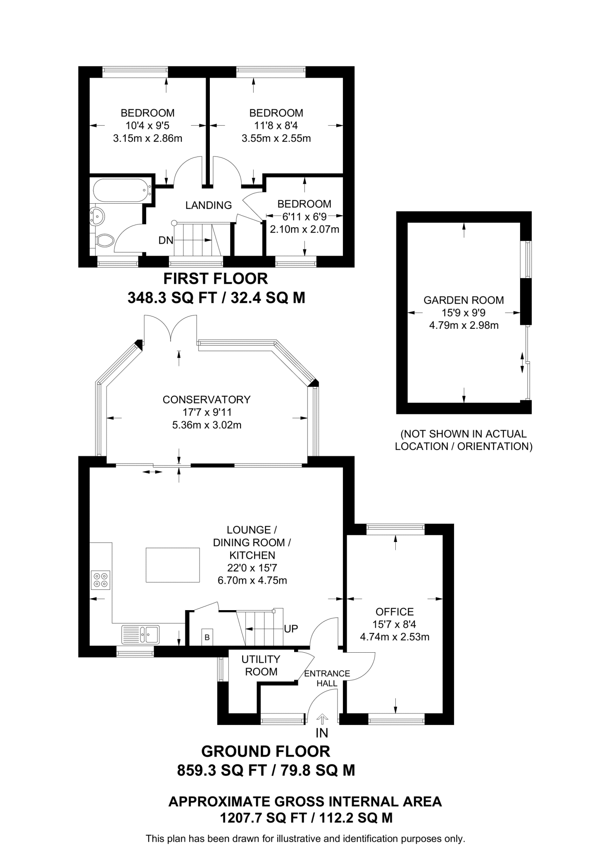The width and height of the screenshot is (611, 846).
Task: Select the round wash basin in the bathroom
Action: click(x=97, y=216)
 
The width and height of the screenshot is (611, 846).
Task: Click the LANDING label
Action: click(x=208, y=205)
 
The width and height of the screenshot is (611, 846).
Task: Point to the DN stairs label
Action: click(x=166, y=240)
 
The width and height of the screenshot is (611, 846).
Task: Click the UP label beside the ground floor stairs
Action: click(x=291, y=629)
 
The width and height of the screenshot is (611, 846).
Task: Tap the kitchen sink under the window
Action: click(x=140, y=634)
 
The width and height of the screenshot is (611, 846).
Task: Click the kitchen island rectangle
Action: click(x=173, y=565)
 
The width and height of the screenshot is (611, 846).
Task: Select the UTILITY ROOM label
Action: click(x=261, y=665)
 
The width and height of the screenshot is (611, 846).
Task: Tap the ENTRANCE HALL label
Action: click(x=327, y=678)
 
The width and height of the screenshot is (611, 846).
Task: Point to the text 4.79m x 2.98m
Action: click(x=464, y=325)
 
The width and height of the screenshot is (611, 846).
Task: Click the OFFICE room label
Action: click(x=395, y=611)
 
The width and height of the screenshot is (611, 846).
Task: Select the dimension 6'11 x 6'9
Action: click(x=304, y=216)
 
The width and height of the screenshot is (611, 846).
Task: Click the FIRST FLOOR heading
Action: click(x=216, y=279)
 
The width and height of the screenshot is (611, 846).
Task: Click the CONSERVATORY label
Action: click(x=207, y=399)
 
